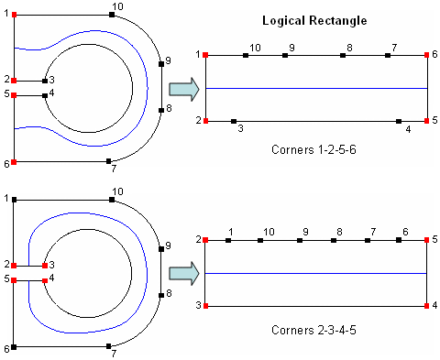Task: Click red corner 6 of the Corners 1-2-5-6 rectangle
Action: tap(427, 56)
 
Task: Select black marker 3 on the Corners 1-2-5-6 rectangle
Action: tap(235, 121)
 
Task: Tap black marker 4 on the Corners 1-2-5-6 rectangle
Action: tap(399, 121)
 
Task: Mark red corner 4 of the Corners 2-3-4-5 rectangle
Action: tap(427, 305)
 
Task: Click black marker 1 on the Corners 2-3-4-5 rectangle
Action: tap(228, 241)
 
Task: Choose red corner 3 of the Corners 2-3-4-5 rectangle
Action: tap(205, 305)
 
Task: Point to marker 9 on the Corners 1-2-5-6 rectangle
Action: tap(285, 56)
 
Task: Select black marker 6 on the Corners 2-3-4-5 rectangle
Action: tap(400, 241)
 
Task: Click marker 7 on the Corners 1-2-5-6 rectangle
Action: tap(389, 56)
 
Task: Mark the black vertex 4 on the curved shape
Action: tap(44, 94)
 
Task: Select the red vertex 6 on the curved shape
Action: tap(15, 162)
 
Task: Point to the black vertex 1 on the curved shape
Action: tap(15, 199)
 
